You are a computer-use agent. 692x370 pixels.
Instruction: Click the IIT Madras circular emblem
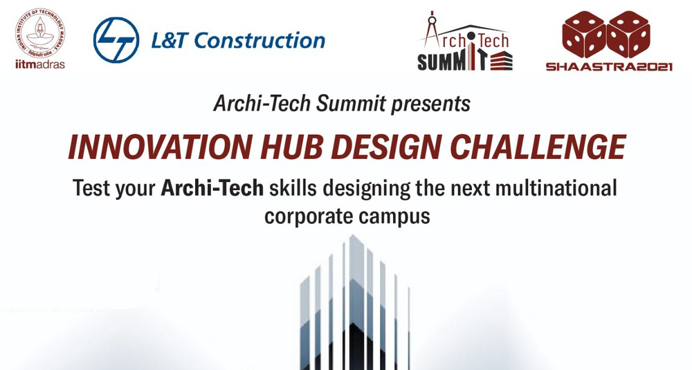[39, 33]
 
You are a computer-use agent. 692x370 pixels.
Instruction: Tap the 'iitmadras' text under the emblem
[39, 64]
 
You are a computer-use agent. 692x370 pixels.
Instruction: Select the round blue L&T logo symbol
[116, 40]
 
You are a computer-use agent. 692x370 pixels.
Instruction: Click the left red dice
[583, 35]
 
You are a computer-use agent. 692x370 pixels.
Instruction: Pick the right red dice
[628, 35]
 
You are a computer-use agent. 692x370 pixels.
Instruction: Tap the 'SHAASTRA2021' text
[609, 67]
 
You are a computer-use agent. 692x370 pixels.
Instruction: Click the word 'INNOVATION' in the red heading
[161, 147]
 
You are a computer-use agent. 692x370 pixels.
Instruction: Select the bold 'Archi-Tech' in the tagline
[212, 188]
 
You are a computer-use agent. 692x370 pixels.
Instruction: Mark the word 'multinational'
[556, 188]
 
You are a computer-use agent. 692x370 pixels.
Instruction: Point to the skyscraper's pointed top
[352, 237]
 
